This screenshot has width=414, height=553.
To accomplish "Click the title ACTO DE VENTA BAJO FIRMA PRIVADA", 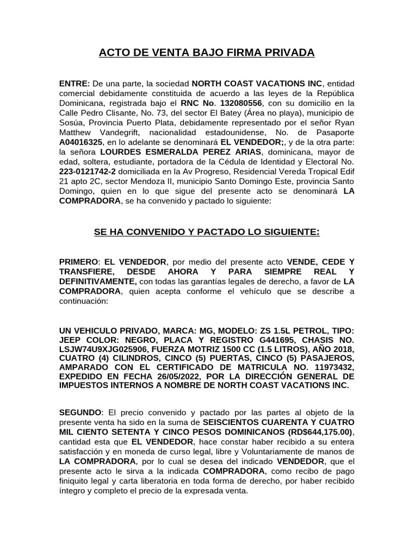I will [206, 53].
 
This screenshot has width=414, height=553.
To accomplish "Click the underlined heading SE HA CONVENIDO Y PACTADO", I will [206, 232].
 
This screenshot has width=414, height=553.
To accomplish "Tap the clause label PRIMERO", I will [77, 262].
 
